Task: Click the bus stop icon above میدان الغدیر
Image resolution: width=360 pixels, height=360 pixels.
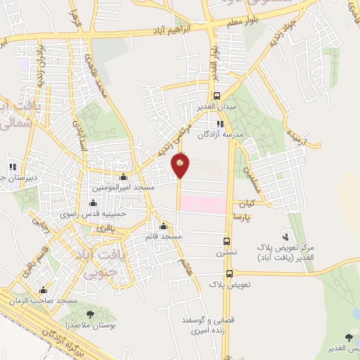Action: tap(217, 96)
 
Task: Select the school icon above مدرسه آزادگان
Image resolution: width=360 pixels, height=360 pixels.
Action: tap(220, 124)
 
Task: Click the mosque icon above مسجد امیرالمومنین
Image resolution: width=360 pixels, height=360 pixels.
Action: tap(124, 177)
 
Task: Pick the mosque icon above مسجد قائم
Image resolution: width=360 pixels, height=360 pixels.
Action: tap(164, 226)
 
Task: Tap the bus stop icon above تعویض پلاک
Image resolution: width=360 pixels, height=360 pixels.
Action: tap(230, 274)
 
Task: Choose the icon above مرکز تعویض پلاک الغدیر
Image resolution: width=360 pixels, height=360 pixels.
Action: tap(285, 236)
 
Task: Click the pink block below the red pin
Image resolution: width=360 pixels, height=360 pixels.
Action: tap(203, 204)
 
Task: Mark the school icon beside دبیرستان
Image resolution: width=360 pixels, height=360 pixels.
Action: tap(12, 167)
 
